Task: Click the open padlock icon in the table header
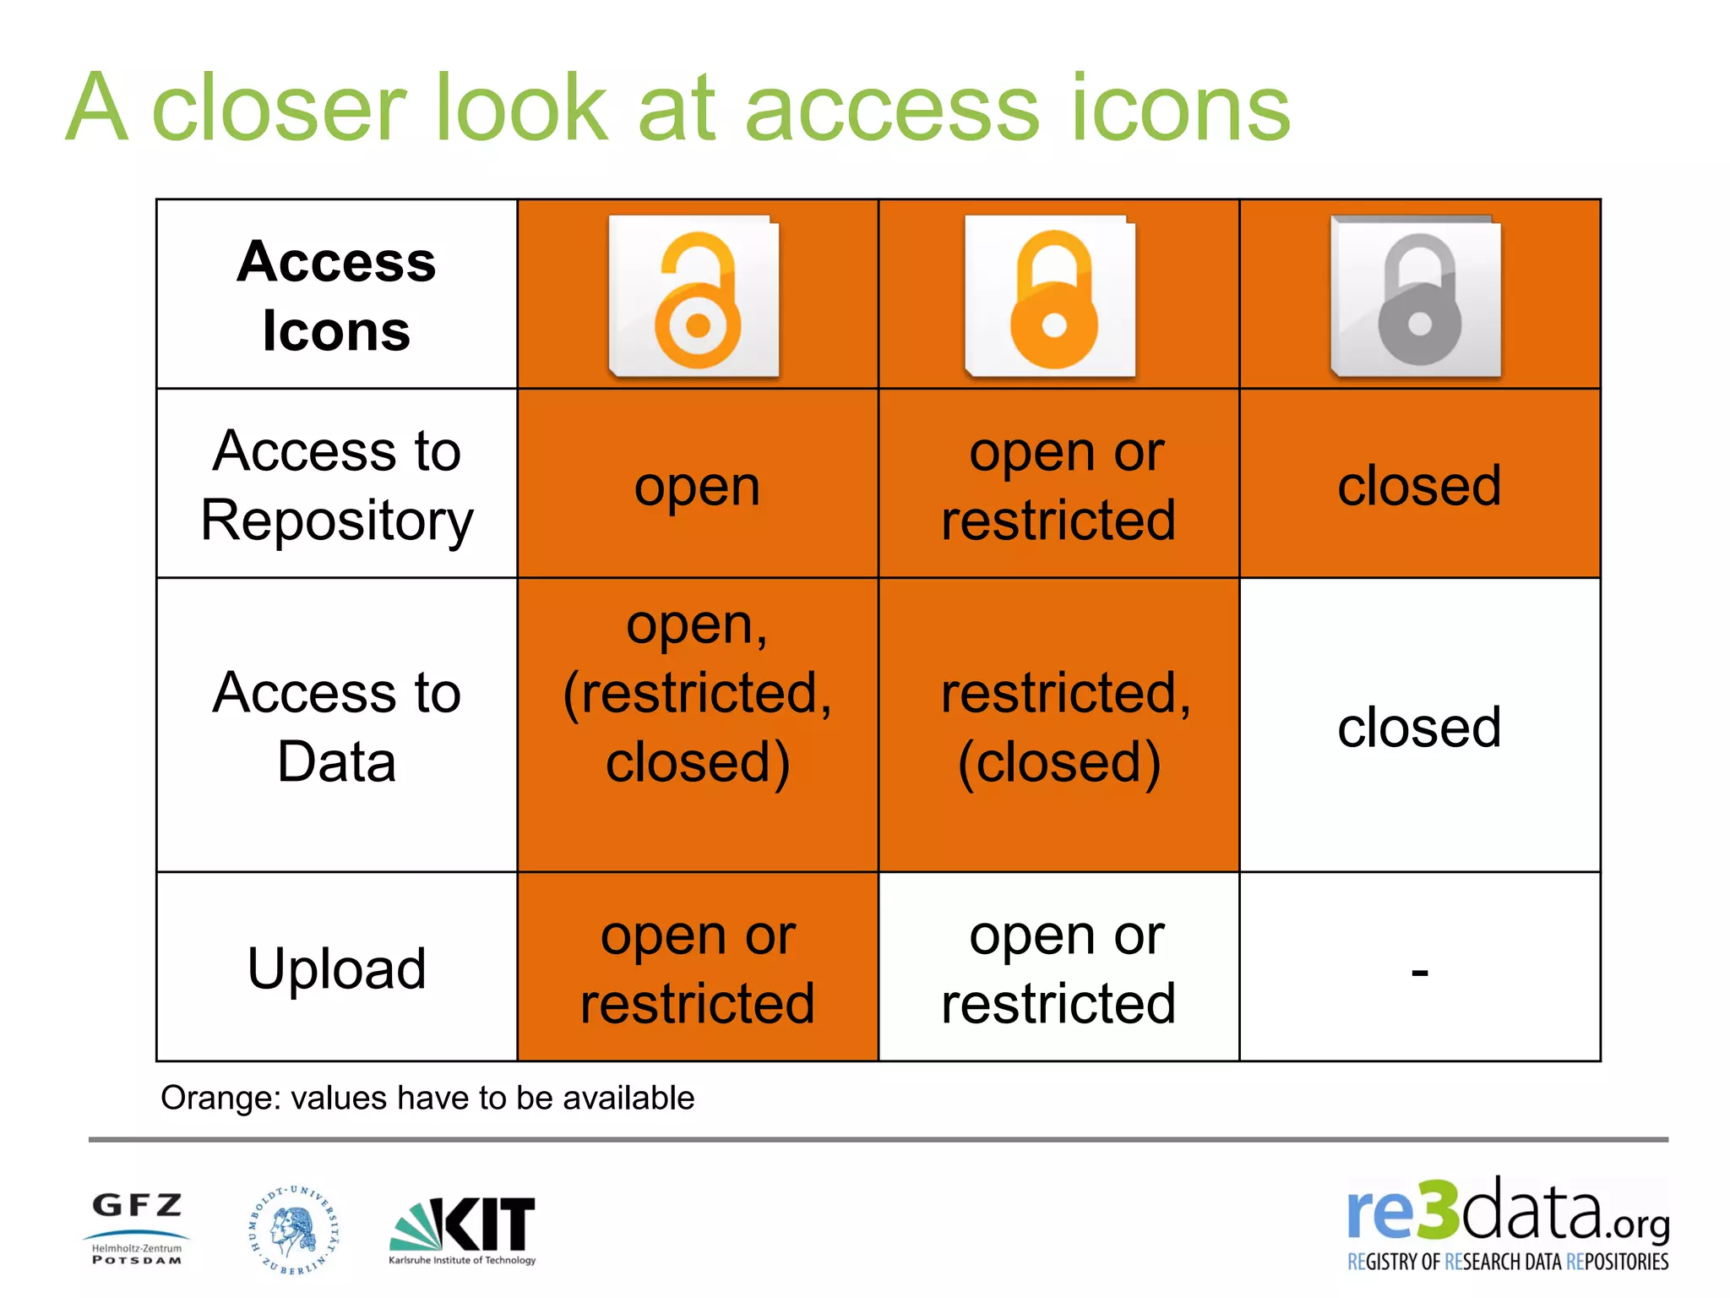tap(694, 296)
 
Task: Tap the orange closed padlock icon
tap(1051, 296)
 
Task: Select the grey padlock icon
tap(1417, 296)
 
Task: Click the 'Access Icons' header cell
tap(336, 295)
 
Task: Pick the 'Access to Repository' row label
tap(336, 484)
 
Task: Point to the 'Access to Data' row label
tap(336, 726)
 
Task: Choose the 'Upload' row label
tap(336, 968)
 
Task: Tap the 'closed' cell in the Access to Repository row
tap(1419, 485)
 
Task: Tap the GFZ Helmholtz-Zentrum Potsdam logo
tap(137, 1227)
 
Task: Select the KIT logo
tap(463, 1230)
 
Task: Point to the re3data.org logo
tap(1508, 1224)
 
